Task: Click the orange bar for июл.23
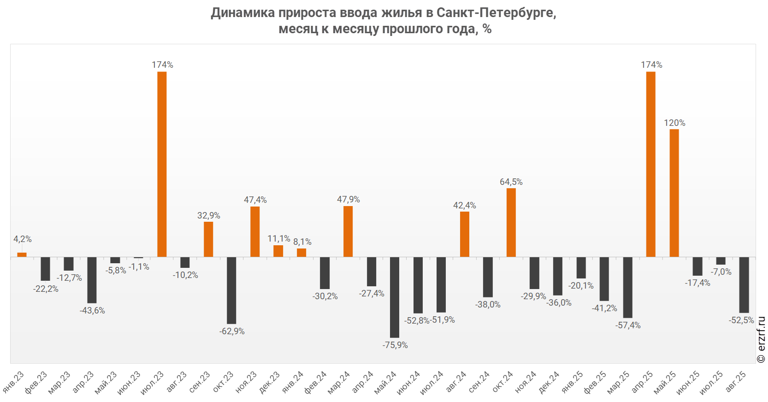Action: click(x=162, y=164)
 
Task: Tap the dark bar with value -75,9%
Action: click(x=395, y=297)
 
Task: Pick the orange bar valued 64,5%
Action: click(x=511, y=222)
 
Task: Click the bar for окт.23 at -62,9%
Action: click(x=231, y=290)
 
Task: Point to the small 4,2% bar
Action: click(x=22, y=254)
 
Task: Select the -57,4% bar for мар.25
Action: click(x=627, y=287)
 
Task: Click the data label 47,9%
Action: click(x=348, y=199)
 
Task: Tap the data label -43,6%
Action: click(x=92, y=310)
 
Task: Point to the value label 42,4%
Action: click(x=464, y=205)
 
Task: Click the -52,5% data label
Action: click(x=741, y=320)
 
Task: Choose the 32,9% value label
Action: click(x=208, y=215)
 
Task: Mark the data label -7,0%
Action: click(x=721, y=272)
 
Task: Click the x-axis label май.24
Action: click(x=385, y=383)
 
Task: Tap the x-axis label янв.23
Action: click(x=13, y=382)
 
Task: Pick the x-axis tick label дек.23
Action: click(x=270, y=383)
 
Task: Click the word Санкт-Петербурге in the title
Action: click(x=496, y=12)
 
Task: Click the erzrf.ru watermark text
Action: click(x=762, y=340)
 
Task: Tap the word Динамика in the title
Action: click(x=243, y=12)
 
